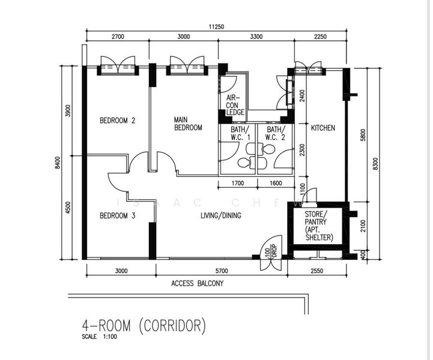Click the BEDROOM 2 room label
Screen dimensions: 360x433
pyautogui.click(x=117, y=121)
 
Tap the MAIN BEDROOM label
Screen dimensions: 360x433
pyautogui.click(x=188, y=124)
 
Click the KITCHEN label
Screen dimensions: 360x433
pyautogui.click(x=322, y=128)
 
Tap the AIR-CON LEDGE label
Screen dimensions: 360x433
pyautogui.click(x=233, y=105)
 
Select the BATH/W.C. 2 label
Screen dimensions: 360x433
pyautogui.click(x=276, y=133)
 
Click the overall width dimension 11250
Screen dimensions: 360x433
pyautogui.click(x=217, y=26)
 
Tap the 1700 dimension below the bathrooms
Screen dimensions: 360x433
pyautogui.click(x=237, y=184)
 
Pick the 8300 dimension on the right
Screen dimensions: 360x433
pyautogui.click(x=375, y=163)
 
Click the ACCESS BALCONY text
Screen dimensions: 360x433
pyautogui.click(x=197, y=284)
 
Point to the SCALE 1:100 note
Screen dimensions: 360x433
pyautogui.click(x=100, y=337)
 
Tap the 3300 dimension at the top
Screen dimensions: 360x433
pyautogui.click(x=255, y=37)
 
